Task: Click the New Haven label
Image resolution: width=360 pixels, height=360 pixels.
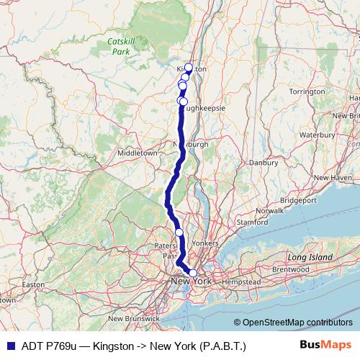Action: pyautogui.click(x=331, y=177)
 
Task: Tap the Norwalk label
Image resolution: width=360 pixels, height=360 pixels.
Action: pyautogui.click(x=270, y=210)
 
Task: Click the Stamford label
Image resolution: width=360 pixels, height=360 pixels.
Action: pyautogui.click(x=252, y=222)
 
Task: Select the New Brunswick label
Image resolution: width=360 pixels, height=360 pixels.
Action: pyautogui.click(x=133, y=318)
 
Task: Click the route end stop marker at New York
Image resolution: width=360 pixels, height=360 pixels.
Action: pyautogui.click(x=193, y=273)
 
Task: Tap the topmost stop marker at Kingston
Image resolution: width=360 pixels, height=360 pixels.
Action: pyautogui.click(x=189, y=68)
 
